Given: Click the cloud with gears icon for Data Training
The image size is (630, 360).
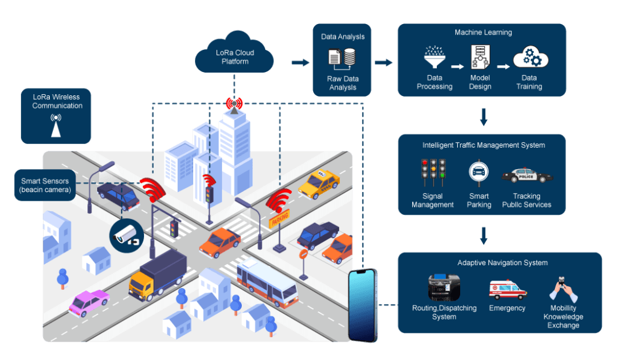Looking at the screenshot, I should (530, 57).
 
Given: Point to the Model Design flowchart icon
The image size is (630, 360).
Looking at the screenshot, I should (480, 58).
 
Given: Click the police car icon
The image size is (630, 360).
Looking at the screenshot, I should (527, 175).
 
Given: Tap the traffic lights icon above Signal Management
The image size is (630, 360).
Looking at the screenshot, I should (433, 172).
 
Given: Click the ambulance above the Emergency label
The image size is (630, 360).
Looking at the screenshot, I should (508, 289).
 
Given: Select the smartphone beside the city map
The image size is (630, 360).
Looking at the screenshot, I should (362, 305).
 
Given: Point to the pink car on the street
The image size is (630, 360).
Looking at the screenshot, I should (89, 302).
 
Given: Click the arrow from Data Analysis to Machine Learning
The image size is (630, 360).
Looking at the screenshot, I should (383, 62).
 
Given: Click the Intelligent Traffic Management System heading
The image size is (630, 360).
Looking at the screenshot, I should (483, 146).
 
